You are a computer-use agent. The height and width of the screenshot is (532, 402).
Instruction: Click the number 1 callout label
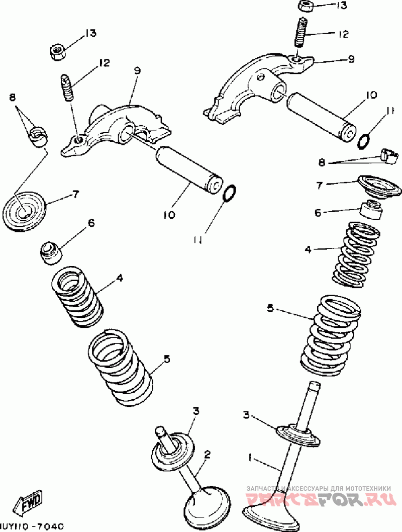pos(250,457)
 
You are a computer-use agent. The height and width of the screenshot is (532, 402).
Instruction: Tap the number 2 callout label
pos(207,455)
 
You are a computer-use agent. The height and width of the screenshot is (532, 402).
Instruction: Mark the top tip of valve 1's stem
pos(315,386)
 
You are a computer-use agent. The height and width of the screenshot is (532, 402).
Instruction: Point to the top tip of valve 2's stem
pos(160,430)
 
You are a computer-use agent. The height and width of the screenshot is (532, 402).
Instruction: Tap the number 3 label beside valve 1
pos(246,414)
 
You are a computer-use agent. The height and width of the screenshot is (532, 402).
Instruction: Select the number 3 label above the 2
pos(196,411)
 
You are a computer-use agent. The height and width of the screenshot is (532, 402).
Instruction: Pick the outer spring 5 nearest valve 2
pos(120,366)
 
